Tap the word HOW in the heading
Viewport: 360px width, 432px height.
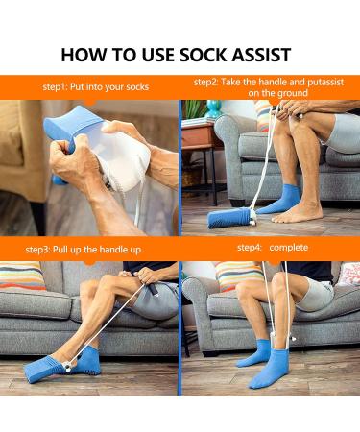84,54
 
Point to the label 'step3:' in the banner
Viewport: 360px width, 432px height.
43,250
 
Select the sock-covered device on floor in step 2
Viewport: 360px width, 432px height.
230,218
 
